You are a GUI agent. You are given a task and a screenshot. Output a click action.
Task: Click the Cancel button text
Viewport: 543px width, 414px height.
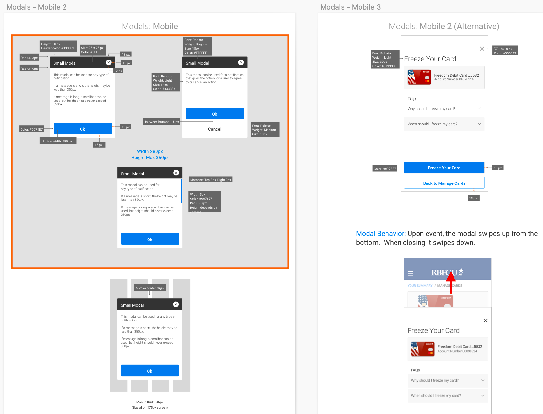click(x=215, y=129)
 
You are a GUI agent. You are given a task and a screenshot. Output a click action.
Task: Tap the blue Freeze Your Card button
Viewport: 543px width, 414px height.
click(x=444, y=168)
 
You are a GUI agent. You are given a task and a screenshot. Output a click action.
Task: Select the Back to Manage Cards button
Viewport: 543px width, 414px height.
click(x=444, y=183)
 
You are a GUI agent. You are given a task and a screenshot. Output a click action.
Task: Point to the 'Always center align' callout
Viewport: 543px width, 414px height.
click(x=149, y=288)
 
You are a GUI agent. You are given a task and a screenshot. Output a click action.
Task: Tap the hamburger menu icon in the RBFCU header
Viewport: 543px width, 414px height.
click(x=410, y=273)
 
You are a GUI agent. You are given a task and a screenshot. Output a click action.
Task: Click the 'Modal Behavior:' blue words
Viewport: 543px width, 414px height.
click(x=381, y=234)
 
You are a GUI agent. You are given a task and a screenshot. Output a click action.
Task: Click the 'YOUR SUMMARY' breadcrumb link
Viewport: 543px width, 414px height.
click(x=420, y=286)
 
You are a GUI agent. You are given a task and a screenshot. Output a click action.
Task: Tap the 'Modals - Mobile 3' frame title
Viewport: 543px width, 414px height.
click(x=350, y=7)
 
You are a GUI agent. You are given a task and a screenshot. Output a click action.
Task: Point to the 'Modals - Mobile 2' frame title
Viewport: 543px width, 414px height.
click(x=37, y=7)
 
